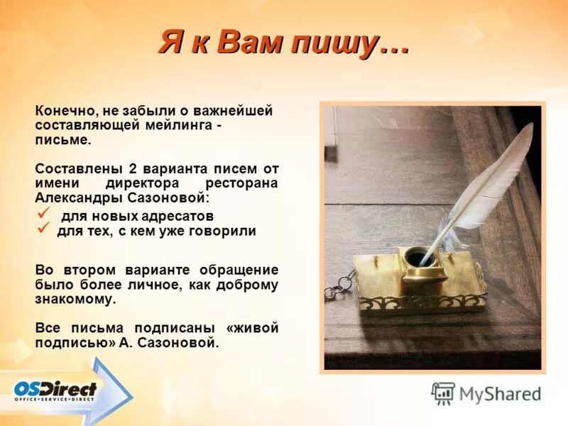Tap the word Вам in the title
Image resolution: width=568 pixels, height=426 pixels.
click(248, 43)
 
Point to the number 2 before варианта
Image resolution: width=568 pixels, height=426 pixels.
click(132, 169)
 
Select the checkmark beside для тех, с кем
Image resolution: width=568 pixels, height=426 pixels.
click(43, 229)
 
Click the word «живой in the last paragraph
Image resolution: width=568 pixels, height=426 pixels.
click(251, 328)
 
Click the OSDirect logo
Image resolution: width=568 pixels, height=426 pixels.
click(55, 391)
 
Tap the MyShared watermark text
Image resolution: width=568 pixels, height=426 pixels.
click(500, 393)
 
